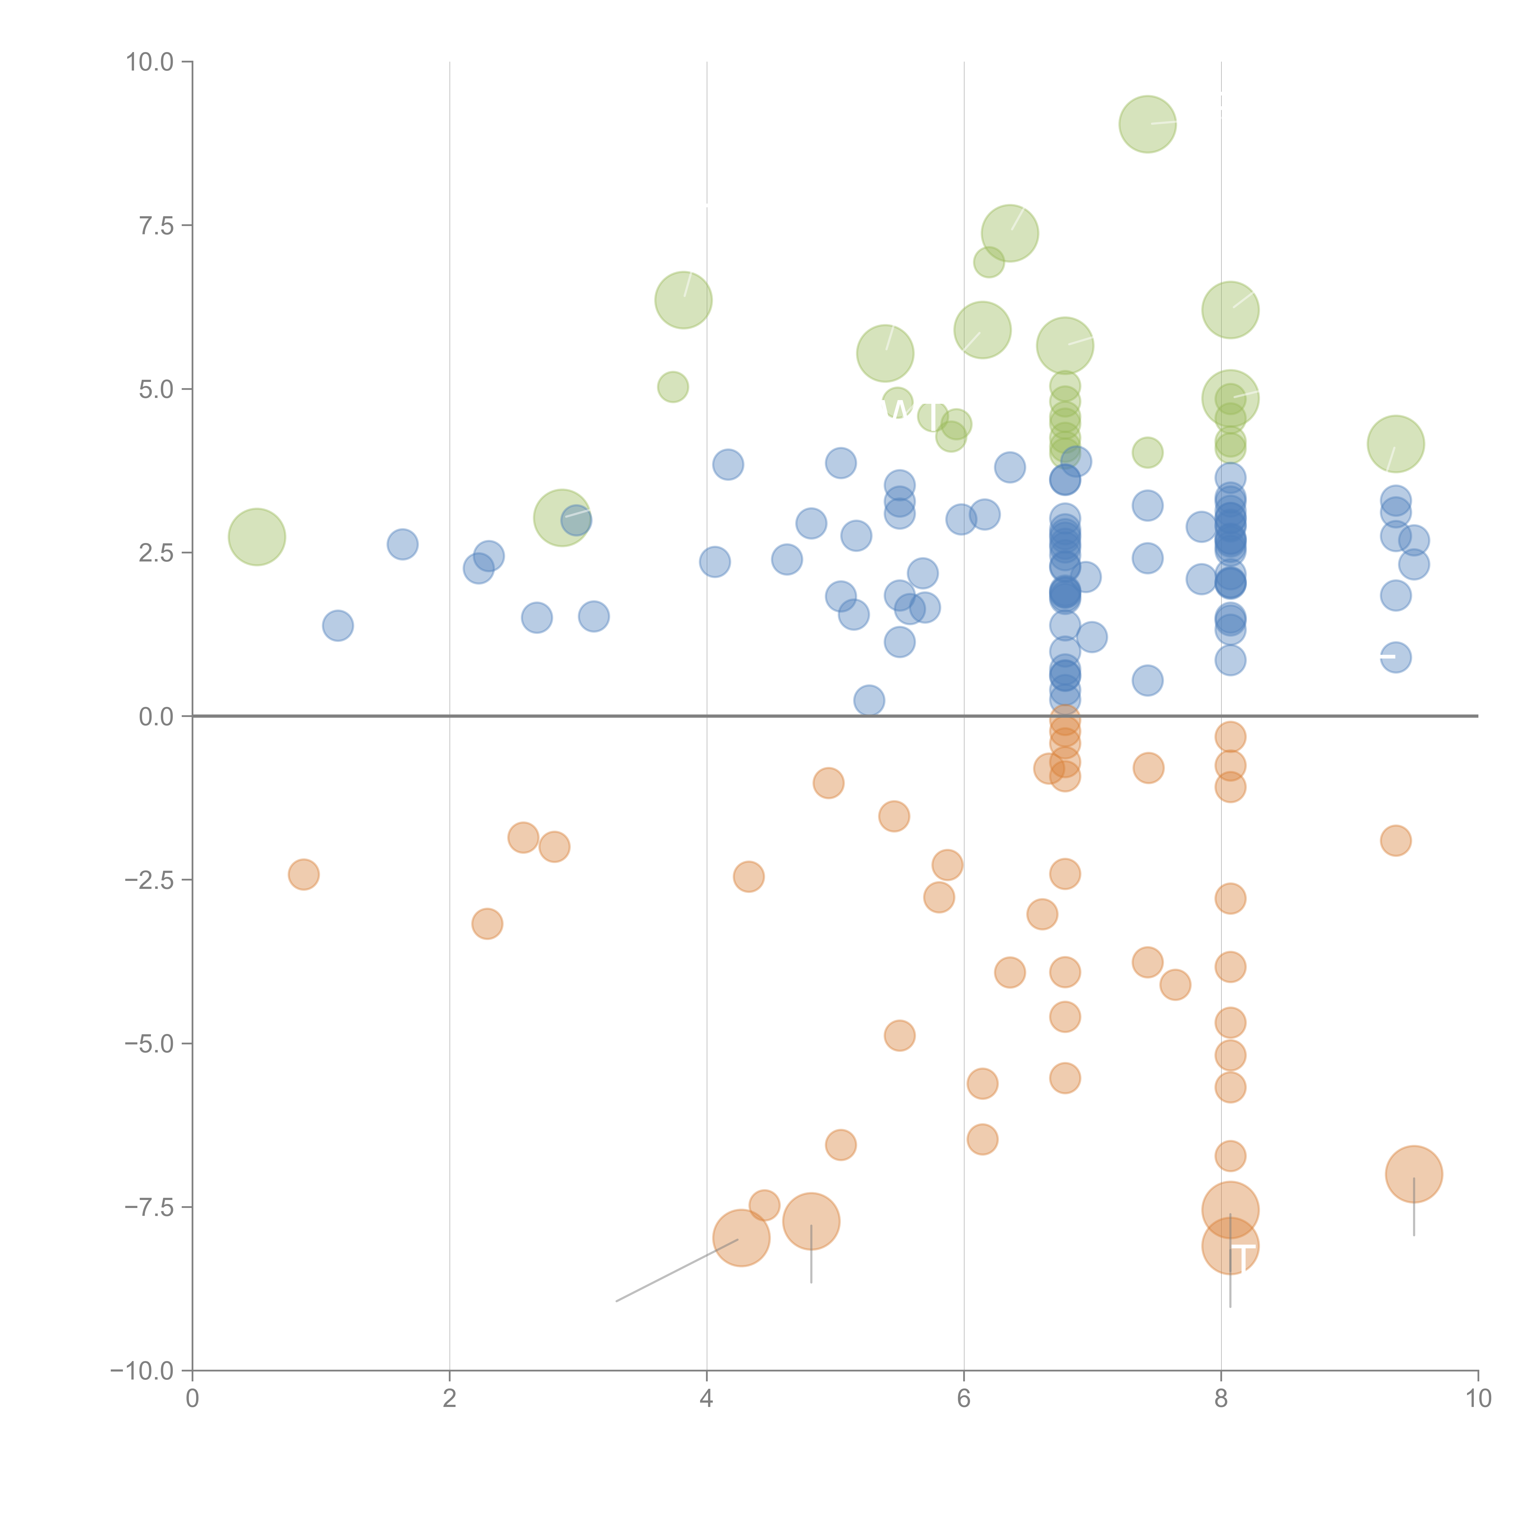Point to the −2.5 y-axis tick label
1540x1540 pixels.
click(x=149, y=880)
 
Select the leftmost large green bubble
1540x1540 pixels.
click(x=257, y=537)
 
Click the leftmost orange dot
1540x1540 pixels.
click(x=304, y=874)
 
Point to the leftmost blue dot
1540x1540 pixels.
click(x=338, y=626)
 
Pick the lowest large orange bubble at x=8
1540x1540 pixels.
click(x=1230, y=1246)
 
